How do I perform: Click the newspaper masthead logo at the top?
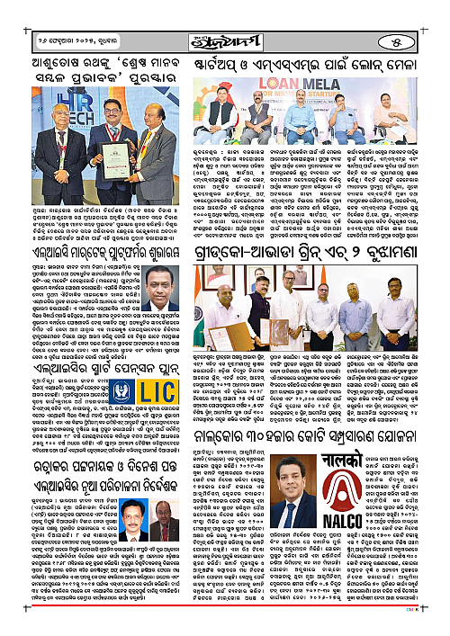224,15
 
